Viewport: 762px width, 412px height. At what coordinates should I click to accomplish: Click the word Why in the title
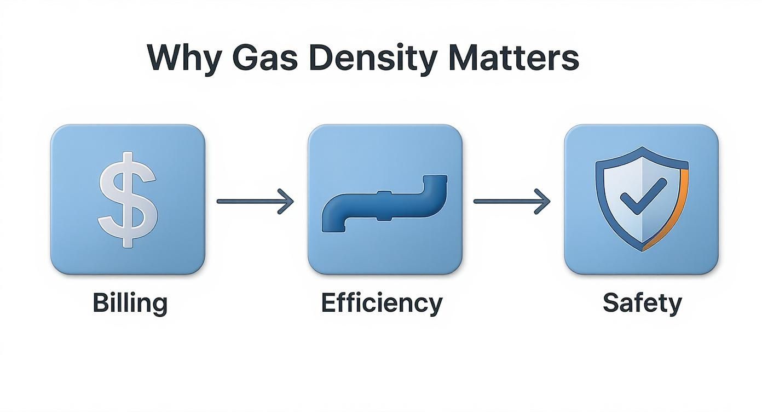[180, 58]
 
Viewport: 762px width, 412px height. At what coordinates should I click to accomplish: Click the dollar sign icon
[128, 199]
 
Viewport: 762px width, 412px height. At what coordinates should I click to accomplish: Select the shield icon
[641, 199]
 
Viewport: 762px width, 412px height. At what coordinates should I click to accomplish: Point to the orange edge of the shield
[678, 208]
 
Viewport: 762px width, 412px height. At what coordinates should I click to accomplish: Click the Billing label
[130, 303]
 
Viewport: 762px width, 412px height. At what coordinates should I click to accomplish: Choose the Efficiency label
[382, 303]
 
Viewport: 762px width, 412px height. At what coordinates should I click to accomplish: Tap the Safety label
[642, 303]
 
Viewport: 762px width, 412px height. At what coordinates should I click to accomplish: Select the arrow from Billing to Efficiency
[255, 201]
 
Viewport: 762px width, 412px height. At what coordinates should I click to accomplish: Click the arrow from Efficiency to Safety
[511, 201]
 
